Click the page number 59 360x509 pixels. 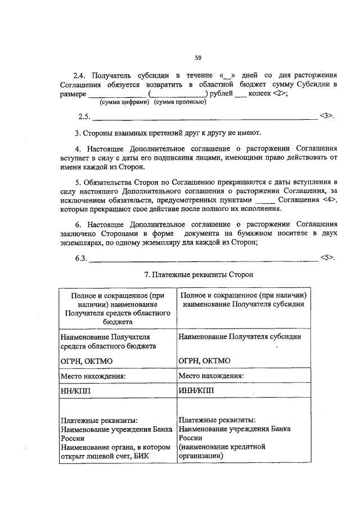coord(198,57)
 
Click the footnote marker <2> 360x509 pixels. coord(280,94)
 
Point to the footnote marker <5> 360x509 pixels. coord(327,258)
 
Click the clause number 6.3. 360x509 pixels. coord(81,258)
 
